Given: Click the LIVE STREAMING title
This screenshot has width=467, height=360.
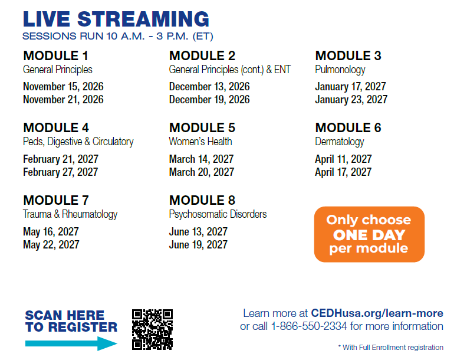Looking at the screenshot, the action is coord(116,19).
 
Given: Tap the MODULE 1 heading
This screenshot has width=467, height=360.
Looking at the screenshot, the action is coord(55,55).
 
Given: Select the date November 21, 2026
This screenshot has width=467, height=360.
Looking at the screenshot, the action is coord(63,100).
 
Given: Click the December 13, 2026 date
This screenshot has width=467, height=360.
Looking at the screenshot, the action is coord(209,86).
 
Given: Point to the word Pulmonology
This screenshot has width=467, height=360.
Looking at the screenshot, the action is coord(340,70).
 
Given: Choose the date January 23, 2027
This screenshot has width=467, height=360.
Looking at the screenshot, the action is coord(351,100).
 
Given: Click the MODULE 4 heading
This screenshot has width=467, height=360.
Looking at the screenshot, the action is coord(56,128).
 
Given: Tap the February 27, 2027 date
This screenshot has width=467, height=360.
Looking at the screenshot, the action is coord(61,172).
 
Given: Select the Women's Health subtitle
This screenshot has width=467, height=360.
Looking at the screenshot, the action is coord(200,142).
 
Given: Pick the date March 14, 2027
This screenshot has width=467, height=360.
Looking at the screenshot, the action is coord(201,159).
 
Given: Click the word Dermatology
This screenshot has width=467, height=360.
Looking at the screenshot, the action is coord(340,142).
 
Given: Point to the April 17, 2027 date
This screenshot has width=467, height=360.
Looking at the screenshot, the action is coord(343,172).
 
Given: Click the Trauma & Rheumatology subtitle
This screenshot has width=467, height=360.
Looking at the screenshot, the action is coord(70,214).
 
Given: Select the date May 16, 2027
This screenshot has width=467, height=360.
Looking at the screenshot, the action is coord(51,232).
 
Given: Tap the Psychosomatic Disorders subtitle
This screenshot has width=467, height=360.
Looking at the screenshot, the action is coord(218,214).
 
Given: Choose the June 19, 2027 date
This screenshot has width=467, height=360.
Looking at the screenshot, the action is coord(198,245).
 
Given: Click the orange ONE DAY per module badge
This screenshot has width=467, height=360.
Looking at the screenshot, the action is coord(369,234).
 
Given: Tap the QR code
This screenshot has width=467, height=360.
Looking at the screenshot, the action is coord(153,329).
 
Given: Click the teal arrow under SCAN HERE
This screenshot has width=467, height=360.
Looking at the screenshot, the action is coord(71,343).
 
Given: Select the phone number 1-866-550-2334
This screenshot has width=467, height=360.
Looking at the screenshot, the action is coord(309,326).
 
